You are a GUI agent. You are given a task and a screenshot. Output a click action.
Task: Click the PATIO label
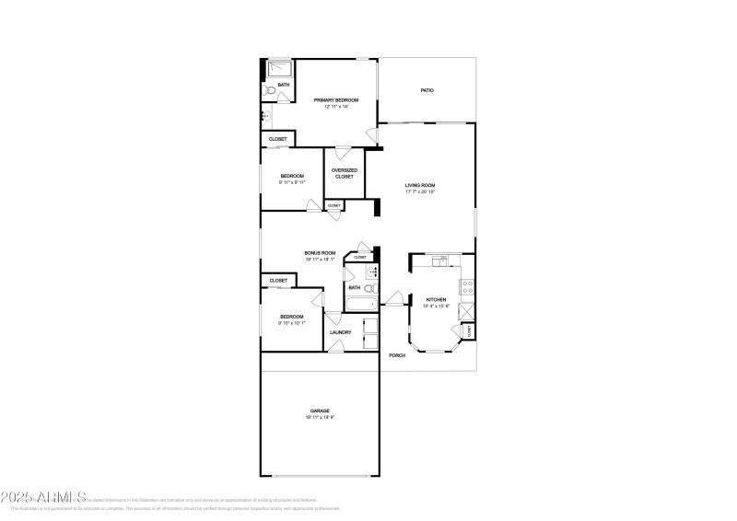tap(427, 90)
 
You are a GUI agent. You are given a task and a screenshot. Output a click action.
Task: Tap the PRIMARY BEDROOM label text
tap(335, 99)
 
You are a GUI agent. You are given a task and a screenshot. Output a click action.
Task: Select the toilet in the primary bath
tap(267, 91)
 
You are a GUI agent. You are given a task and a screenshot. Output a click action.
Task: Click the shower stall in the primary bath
tap(278, 69)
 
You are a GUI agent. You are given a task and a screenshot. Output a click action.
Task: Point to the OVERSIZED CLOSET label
tap(344, 173)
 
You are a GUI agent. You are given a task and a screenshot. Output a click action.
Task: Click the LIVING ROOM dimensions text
tap(420, 192)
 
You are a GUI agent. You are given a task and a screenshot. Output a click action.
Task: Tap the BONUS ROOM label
tap(320, 252)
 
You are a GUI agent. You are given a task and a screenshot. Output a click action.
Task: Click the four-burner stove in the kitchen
tap(467, 285)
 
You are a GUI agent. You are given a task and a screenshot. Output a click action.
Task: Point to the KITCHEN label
tap(436, 299)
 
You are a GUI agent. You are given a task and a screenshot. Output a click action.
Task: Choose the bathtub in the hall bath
tap(360, 304)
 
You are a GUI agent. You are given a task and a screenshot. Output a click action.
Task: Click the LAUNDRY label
tap(340, 332)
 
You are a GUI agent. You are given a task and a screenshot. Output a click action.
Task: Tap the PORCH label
tap(397, 355)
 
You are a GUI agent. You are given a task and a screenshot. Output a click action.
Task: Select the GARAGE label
tap(320, 411)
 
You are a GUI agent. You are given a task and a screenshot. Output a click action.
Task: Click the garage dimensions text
tap(320, 418)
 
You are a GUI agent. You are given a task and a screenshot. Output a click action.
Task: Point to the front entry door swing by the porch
tap(394, 298)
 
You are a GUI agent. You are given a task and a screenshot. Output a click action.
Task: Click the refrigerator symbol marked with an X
tap(467, 310)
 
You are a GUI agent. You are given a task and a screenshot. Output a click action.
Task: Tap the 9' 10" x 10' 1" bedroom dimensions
tap(291, 323)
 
